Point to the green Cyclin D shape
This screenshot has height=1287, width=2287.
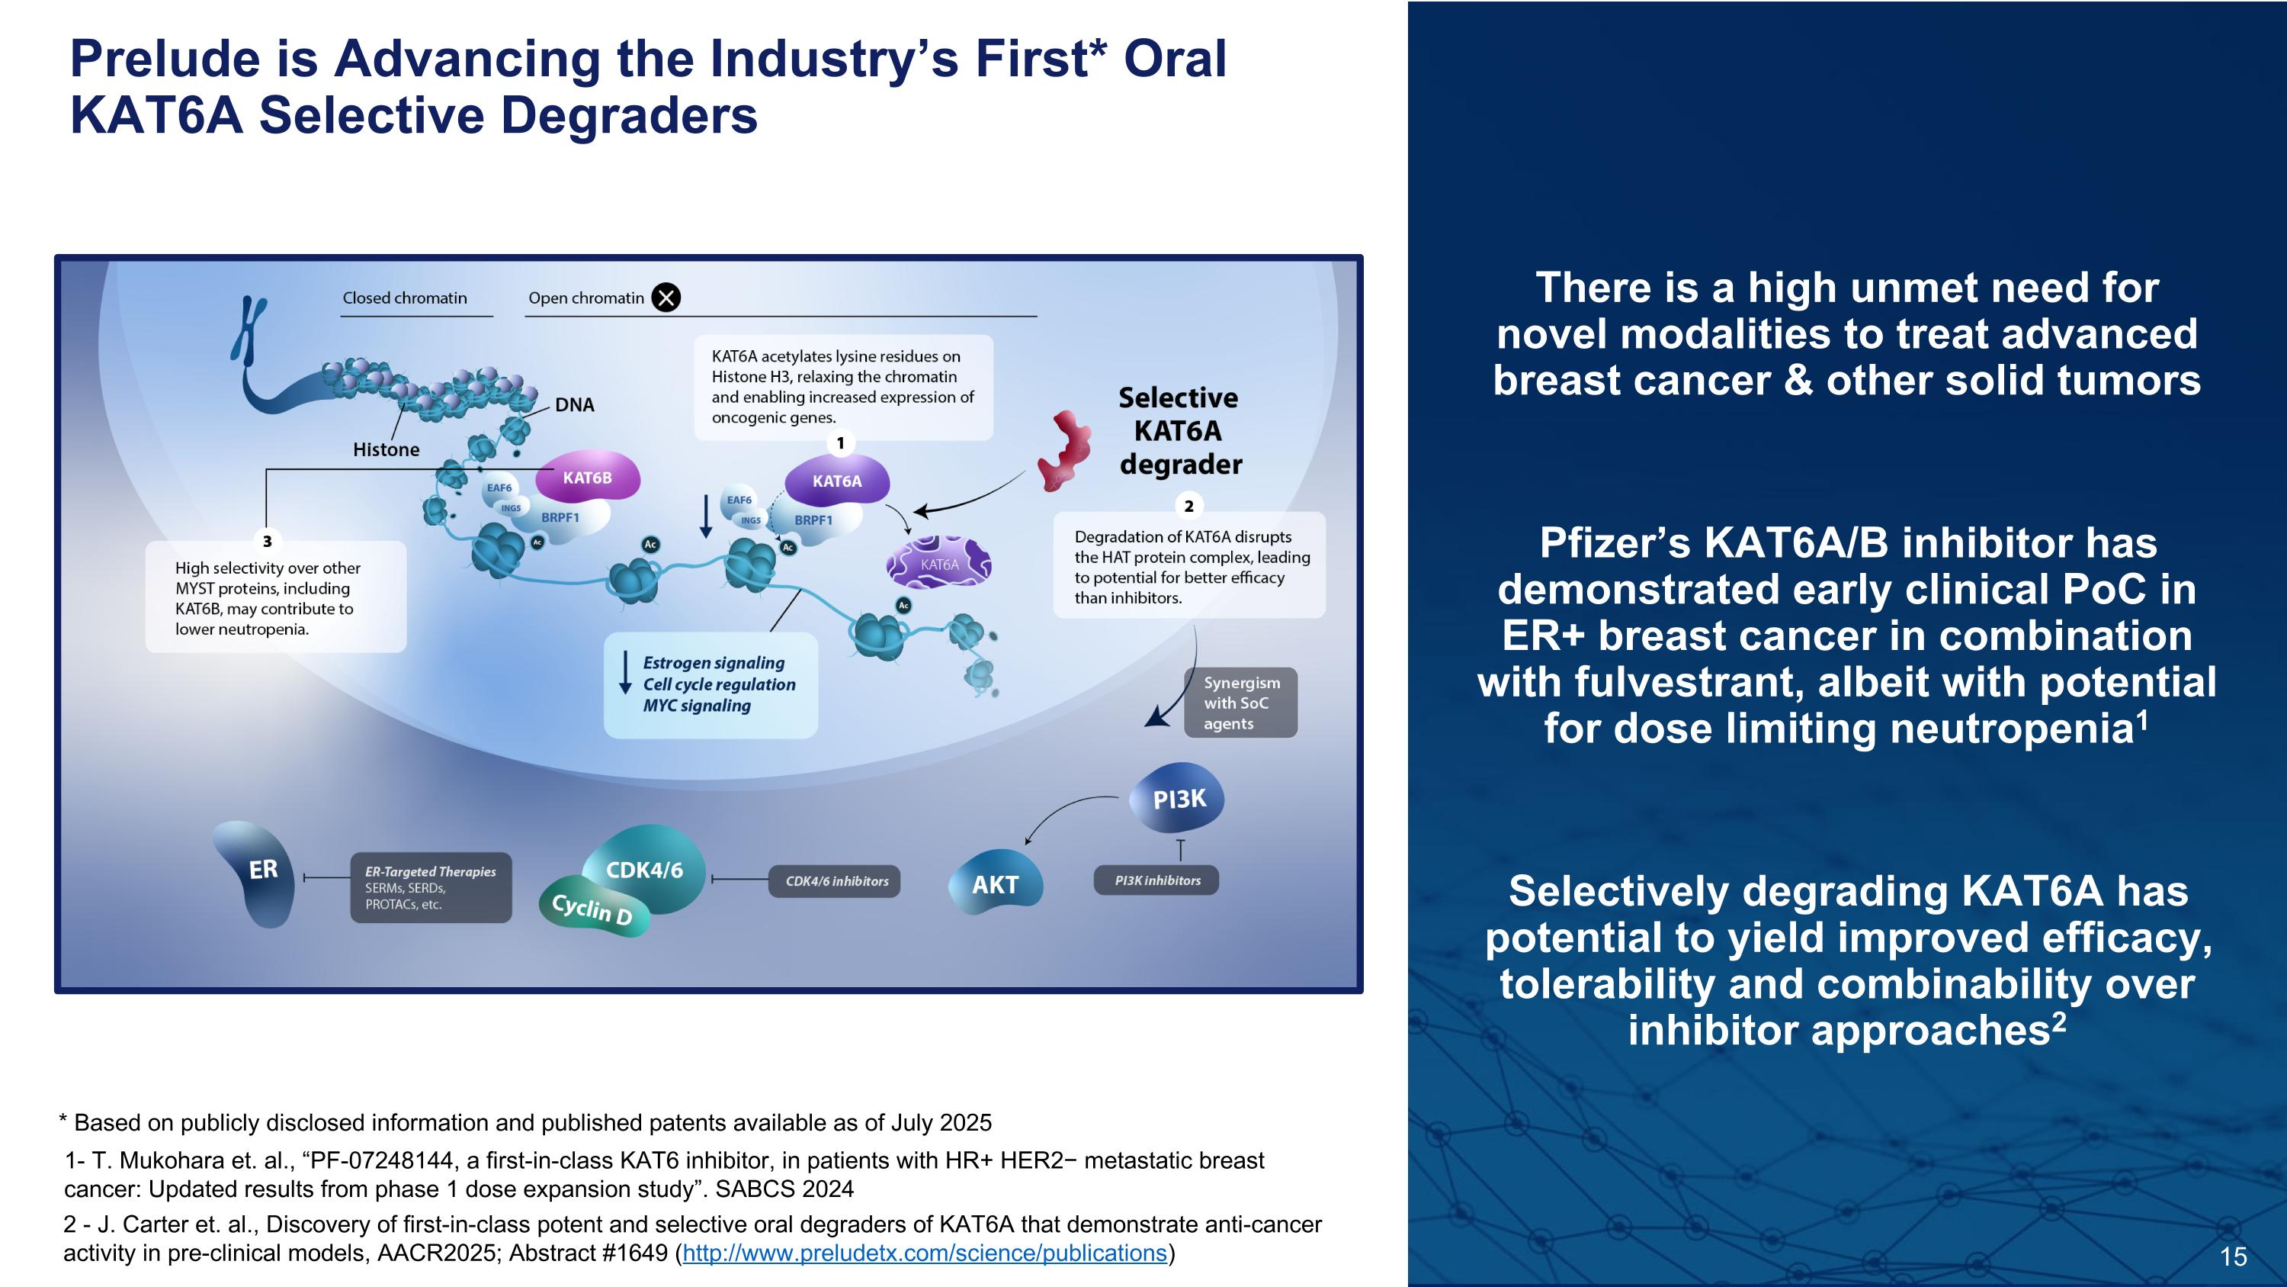(592, 909)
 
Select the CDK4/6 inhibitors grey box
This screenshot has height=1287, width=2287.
(836, 881)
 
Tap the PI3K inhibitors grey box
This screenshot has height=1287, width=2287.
(1156, 880)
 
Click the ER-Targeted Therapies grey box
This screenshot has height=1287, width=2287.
(431, 887)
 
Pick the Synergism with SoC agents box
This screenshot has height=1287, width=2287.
(1240, 703)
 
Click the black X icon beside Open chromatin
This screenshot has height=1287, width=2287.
(666, 298)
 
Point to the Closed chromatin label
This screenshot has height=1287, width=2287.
(405, 298)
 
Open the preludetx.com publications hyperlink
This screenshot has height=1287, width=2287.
(924, 1253)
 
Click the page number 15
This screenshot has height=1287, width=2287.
(2233, 1256)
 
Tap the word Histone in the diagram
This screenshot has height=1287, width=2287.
(387, 449)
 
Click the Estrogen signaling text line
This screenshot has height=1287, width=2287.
(713, 663)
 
